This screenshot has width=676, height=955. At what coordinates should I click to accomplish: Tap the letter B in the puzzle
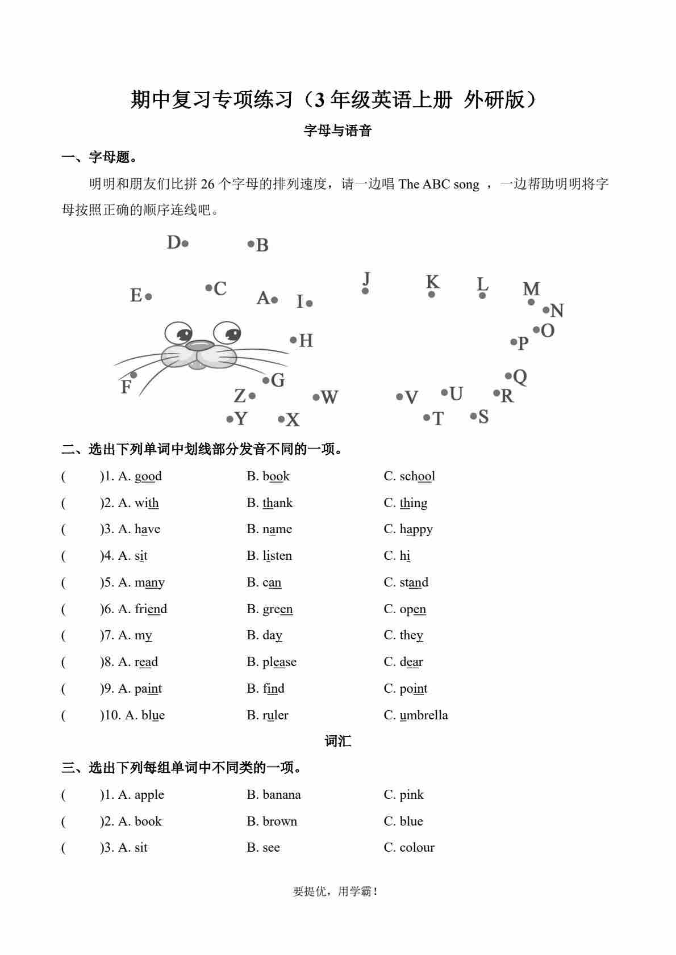coord(262,245)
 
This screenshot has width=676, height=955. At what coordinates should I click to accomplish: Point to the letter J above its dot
coord(366,278)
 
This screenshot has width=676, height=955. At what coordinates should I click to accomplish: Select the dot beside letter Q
coord(508,376)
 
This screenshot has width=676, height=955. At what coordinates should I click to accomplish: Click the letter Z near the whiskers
coord(240,395)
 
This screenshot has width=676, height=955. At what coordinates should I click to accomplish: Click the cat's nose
coord(199,345)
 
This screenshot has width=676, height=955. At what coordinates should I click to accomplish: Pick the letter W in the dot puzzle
coord(329,397)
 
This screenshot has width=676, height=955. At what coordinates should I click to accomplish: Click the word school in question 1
coord(417,476)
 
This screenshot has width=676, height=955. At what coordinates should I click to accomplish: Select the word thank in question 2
coord(277,503)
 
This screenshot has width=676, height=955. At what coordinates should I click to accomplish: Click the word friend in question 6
coord(151,609)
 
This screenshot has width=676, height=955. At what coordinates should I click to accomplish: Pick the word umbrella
coord(423,715)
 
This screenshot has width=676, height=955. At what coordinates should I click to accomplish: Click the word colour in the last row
coord(416,848)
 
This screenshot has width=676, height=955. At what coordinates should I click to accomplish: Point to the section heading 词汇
coord(338,741)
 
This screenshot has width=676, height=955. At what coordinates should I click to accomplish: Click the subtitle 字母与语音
coord(338,131)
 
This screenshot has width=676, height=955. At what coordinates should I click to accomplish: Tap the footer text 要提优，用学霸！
coord(335,891)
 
